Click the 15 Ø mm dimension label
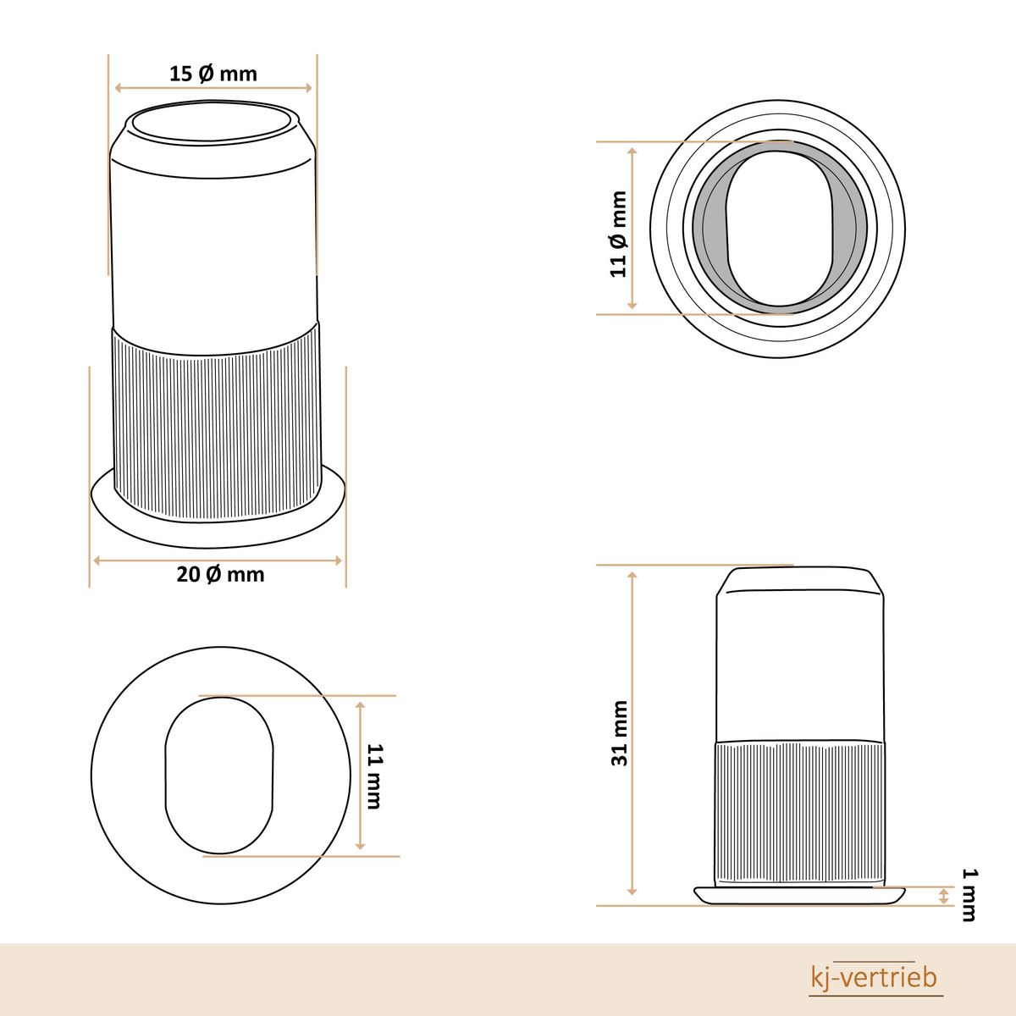[x=213, y=74]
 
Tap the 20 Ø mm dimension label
[x=220, y=574]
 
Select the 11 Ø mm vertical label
[x=618, y=234]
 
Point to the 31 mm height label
[x=620, y=733]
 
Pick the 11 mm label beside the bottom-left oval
[x=373, y=776]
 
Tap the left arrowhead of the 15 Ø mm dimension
[x=119, y=88]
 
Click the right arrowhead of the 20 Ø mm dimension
[x=338, y=560]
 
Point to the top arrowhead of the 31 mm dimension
[x=632, y=575]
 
